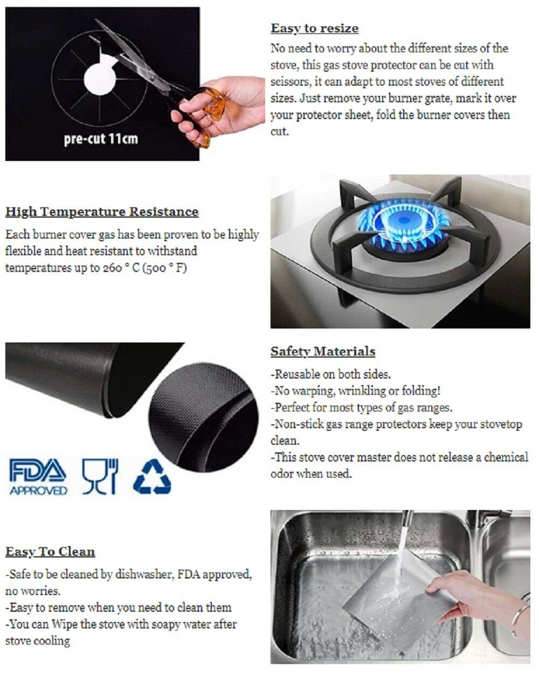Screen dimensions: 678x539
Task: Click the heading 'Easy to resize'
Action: point(314,29)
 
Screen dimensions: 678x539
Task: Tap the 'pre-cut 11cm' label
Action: point(101,139)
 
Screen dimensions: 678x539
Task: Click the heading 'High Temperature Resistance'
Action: point(102,212)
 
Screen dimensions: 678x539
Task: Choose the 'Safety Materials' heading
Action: point(322,352)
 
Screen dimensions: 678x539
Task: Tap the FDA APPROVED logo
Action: point(38,477)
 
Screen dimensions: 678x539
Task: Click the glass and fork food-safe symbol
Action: point(100,476)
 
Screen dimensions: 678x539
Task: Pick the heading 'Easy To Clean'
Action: point(50,552)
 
